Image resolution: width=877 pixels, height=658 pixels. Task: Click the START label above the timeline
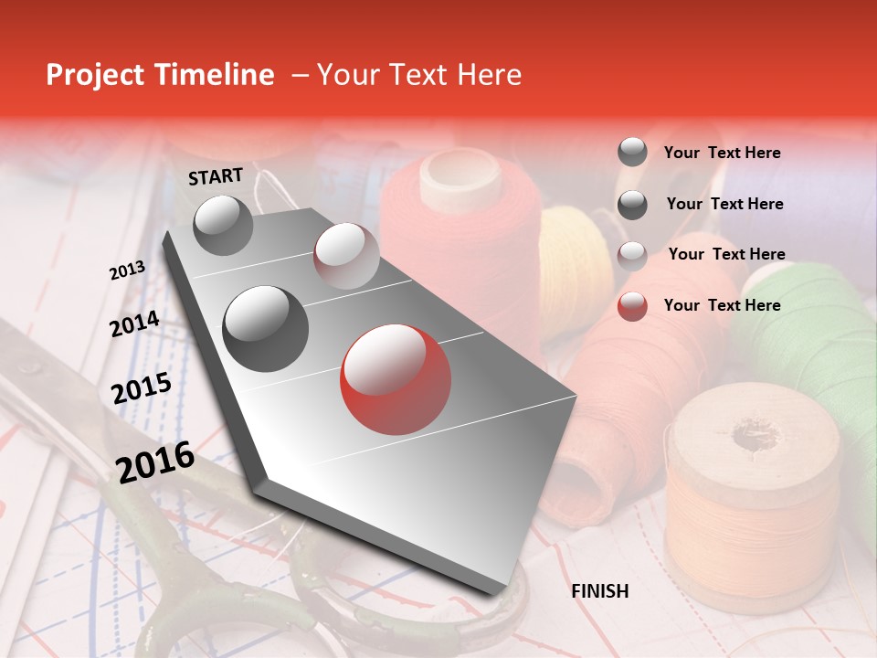tap(216, 176)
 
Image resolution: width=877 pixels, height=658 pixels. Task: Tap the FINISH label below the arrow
tap(599, 591)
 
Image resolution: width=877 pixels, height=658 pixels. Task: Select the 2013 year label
tap(127, 271)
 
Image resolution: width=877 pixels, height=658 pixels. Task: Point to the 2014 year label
tap(134, 324)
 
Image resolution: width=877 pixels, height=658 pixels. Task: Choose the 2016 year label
tap(155, 462)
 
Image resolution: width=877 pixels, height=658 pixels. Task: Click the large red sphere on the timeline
tap(395, 379)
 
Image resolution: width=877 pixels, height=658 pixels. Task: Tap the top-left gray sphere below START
tap(223, 226)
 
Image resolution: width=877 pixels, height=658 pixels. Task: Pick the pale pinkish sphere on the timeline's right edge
tap(346, 255)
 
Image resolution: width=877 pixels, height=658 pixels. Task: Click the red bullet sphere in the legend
tap(632, 306)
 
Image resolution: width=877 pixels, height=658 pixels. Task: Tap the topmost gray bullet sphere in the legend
tap(632, 152)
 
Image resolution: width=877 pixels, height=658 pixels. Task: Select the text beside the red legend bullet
tap(722, 305)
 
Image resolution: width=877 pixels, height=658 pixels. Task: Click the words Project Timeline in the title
tap(160, 75)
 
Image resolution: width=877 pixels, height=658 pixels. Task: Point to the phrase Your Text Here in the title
tap(419, 75)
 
